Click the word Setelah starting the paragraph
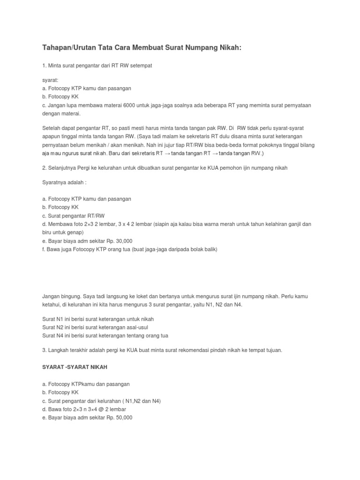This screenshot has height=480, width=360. [51, 127]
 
